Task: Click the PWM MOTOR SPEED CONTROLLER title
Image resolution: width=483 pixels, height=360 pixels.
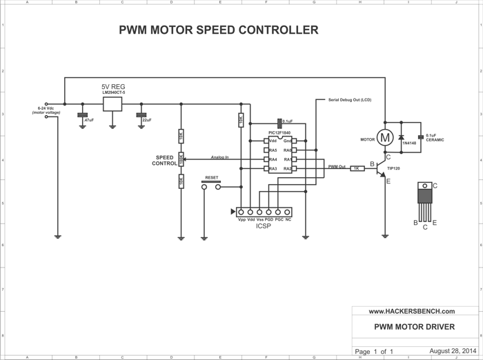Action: [x=219, y=30]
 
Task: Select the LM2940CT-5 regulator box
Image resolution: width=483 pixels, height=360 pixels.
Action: [x=112, y=104]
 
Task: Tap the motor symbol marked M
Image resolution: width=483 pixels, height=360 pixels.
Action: [x=385, y=137]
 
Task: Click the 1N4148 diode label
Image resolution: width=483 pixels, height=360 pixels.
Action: [x=409, y=143]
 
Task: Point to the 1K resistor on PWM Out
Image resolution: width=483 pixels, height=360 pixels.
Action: [x=357, y=168]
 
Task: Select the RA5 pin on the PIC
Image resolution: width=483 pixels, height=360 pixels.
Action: [x=273, y=150]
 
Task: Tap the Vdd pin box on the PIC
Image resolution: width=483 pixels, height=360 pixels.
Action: [x=273, y=141]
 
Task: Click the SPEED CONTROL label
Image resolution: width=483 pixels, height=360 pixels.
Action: [x=164, y=161]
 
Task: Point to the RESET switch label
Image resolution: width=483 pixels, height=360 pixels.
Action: [x=212, y=177]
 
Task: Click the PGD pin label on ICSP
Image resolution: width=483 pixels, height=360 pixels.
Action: [x=270, y=219]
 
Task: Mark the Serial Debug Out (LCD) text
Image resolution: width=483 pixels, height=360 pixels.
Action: [x=350, y=100]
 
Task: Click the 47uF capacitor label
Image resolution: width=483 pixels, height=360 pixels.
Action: [x=88, y=120]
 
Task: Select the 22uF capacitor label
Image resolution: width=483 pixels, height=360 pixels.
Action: [x=147, y=120]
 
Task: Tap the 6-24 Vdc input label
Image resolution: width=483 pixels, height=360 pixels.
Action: [x=46, y=110]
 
